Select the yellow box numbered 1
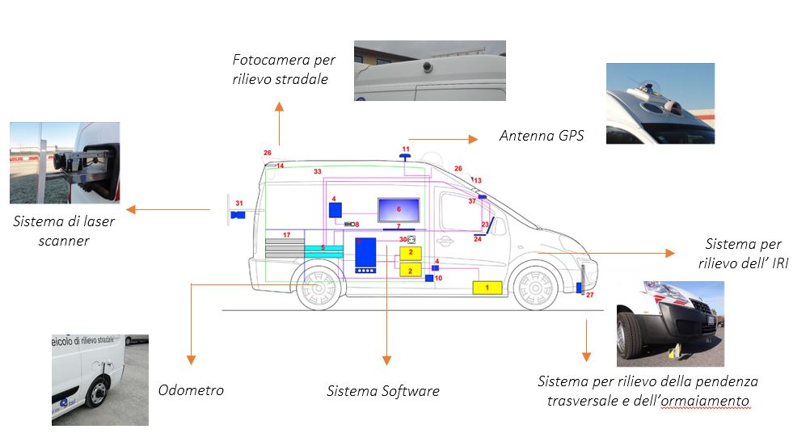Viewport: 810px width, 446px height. click(x=487, y=287)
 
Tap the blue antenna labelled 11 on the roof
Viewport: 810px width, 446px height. click(x=405, y=155)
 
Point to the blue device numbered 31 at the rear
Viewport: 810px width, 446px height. click(x=238, y=215)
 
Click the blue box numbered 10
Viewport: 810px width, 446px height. click(x=429, y=279)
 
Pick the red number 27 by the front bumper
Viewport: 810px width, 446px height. click(x=589, y=296)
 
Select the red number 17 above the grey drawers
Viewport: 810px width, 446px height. click(x=286, y=235)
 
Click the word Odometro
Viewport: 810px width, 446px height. click(x=191, y=390)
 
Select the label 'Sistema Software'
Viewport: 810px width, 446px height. click(x=383, y=392)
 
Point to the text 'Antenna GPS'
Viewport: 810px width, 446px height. click(x=542, y=136)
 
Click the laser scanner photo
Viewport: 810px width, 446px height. click(x=65, y=162)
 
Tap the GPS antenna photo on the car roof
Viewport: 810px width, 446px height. click(x=660, y=103)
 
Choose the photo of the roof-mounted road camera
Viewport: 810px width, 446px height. click(x=430, y=70)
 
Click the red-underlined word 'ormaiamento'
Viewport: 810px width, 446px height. click(x=707, y=401)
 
